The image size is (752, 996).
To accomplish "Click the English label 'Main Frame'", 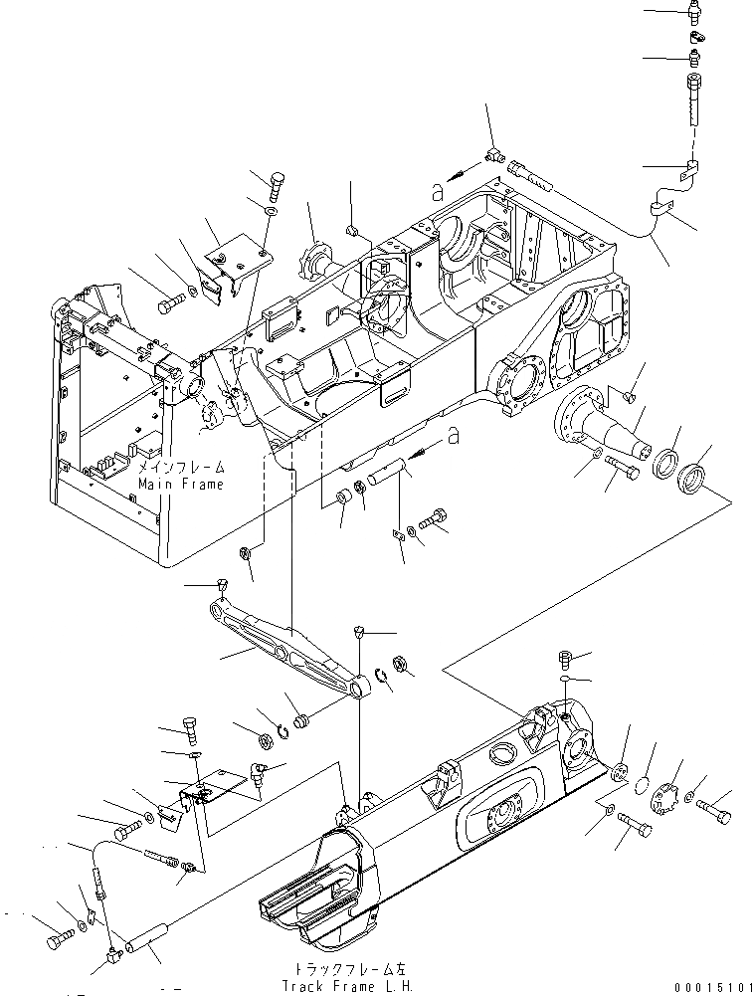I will pos(181,484).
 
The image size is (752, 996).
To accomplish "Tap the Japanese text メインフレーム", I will pos(181,466).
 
